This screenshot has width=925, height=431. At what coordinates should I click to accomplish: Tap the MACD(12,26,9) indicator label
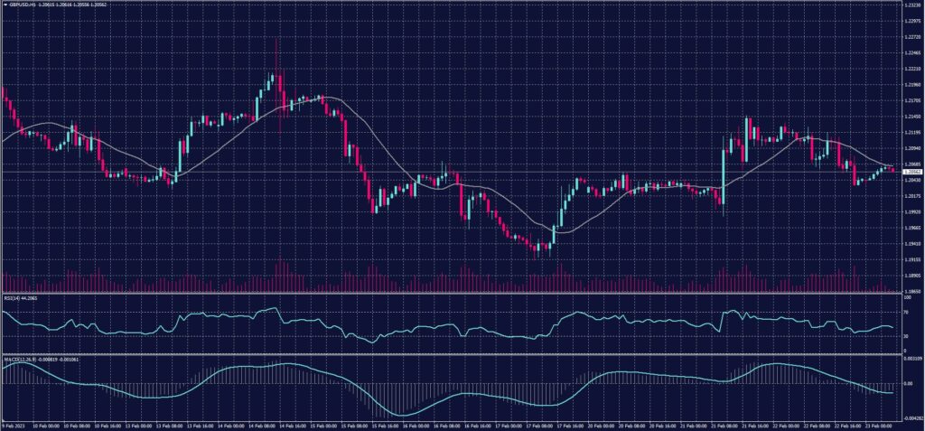pyautogui.click(x=22, y=360)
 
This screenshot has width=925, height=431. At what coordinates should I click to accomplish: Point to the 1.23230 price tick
pyautogui.click(x=911, y=5)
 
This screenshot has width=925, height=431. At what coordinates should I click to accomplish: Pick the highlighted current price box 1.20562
pyautogui.click(x=911, y=170)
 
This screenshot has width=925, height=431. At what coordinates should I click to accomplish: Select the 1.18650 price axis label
pyautogui.click(x=911, y=291)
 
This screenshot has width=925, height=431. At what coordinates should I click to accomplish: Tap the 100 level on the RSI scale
pyautogui.click(x=906, y=297)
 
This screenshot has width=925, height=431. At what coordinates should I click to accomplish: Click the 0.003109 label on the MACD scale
pyautogui.click(x=911, y=360)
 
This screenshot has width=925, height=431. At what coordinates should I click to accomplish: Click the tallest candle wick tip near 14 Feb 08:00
pyautogui.click(x=276, y=40)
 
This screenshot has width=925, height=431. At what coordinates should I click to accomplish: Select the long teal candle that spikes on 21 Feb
pyautogui.click(x=724, y=171)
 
